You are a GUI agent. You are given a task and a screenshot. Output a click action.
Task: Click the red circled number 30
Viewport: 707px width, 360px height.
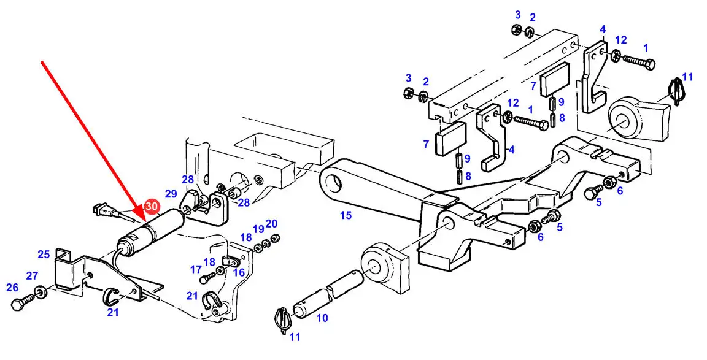[152, 207]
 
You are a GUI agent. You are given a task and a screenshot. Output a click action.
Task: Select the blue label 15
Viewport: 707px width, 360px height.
[346, 215]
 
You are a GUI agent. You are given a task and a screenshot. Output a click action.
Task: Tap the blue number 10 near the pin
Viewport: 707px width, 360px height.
[322, 318]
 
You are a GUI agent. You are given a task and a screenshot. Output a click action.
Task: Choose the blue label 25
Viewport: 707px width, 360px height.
[44, 254]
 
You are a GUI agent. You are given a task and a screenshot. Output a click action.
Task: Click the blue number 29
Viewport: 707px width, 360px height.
[171, 194]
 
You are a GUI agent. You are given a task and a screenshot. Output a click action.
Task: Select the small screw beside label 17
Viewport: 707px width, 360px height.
[208, 276]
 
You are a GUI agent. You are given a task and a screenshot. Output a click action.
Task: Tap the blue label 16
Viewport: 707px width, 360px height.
[239, 272]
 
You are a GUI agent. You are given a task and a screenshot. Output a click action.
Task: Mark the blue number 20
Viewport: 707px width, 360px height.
[271, 223]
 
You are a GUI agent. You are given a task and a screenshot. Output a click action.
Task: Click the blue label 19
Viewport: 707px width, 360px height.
[258, 229]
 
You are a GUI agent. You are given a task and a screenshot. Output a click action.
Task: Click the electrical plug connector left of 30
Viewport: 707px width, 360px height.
[105, 210]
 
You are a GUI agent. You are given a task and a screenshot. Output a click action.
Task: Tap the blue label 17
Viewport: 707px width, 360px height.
[196, 269]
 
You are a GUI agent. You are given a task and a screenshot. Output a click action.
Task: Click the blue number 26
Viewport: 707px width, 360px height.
[13, 287]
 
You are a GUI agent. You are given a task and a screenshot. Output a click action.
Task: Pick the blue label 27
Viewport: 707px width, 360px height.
[31, 275]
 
